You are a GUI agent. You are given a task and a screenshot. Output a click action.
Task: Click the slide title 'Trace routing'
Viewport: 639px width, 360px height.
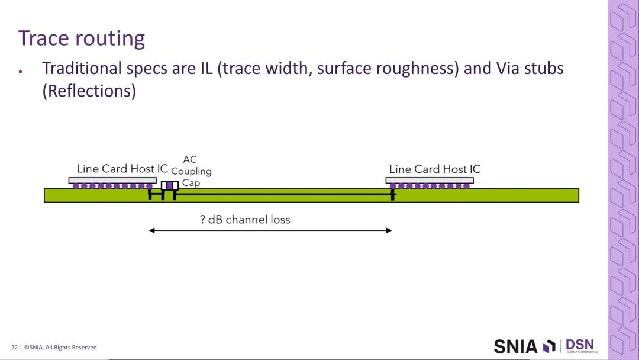82,38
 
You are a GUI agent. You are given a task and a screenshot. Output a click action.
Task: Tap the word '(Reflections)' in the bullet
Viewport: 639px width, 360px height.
89,91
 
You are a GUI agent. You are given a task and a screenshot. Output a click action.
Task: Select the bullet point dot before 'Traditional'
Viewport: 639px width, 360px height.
21,70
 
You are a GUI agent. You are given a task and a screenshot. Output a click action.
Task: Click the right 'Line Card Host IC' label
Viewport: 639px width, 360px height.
435,169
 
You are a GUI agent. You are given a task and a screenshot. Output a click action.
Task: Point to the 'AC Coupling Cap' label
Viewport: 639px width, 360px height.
191,171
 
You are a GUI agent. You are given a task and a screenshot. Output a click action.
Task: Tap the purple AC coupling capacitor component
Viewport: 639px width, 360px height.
170,185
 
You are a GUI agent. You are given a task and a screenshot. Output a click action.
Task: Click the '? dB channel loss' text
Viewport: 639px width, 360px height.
245,220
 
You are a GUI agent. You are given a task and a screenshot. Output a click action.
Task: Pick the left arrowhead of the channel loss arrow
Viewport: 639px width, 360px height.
152,230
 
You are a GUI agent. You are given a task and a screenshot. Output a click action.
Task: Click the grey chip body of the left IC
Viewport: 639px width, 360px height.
112,180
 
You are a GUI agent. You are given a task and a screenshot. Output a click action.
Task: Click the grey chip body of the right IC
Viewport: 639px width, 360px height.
430,180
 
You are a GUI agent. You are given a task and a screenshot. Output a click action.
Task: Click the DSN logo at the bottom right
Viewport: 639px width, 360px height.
580,345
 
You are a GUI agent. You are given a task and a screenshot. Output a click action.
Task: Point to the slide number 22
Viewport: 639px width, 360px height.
14,348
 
